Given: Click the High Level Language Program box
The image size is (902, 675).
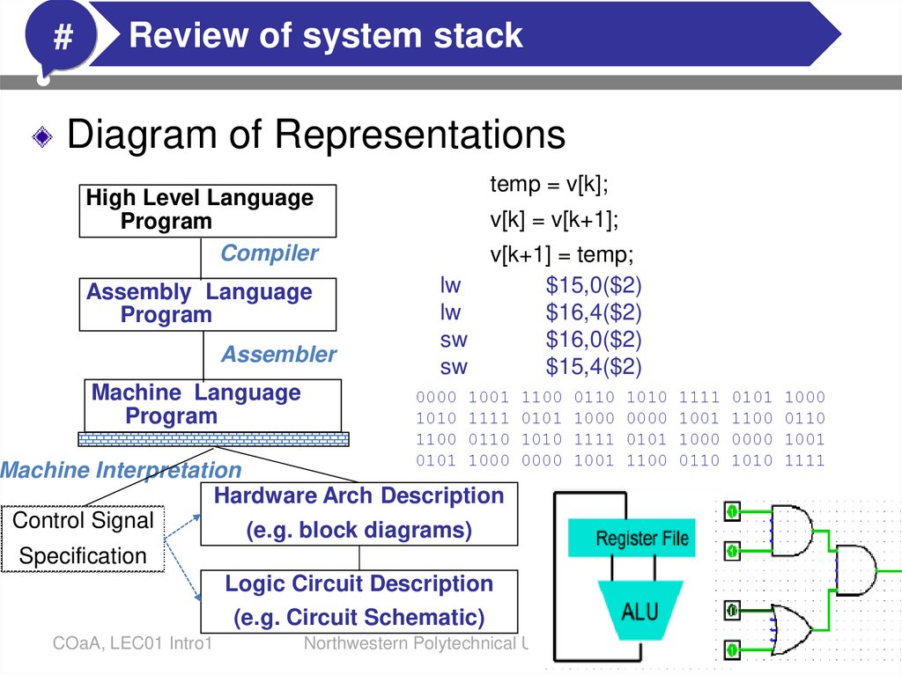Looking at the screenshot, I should coord(207,210).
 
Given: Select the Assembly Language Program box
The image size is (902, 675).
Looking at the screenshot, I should coord(207,304).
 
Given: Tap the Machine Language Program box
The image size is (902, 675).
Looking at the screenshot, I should coord(212,405).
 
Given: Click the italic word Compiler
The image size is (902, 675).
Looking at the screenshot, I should coord(269,253).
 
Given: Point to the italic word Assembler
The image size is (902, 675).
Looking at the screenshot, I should coord(278,355).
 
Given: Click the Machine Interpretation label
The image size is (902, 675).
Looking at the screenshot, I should coord(121,471).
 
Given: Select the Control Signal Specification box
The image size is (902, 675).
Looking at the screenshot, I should coord(83,538).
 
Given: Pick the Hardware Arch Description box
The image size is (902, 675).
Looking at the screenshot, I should coord(359,513).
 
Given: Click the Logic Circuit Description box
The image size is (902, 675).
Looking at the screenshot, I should coord(359,600).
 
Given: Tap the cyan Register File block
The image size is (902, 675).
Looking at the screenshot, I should coord(642,538).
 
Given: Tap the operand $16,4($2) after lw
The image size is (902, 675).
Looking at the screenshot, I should coord(593,312).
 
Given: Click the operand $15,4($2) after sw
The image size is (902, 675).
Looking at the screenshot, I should coord(593,366).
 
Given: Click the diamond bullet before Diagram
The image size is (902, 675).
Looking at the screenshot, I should coord(42,137).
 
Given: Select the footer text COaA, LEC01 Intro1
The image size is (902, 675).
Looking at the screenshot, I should coord(131,645).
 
